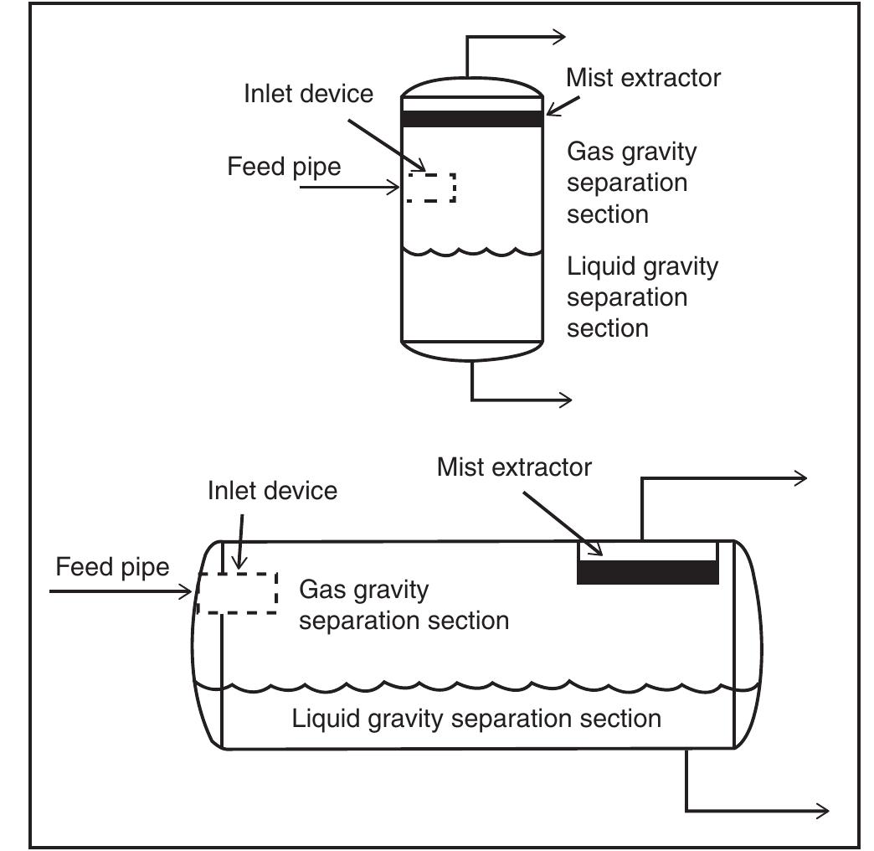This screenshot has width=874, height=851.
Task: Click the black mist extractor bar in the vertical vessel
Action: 472,118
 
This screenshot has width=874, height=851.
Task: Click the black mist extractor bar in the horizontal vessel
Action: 648,572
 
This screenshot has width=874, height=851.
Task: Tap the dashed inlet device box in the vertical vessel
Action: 431,188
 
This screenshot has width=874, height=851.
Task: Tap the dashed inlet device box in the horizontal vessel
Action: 237,593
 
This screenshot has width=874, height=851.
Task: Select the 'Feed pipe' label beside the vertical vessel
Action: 284,167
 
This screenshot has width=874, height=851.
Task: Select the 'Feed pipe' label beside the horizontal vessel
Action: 112,567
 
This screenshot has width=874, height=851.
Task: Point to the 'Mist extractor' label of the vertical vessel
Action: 643,78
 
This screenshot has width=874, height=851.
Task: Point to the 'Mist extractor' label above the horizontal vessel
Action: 514,467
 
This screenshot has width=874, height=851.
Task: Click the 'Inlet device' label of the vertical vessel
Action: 308,93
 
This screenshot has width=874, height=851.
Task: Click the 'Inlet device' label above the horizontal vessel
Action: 272,490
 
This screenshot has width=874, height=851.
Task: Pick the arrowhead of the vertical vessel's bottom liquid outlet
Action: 565,400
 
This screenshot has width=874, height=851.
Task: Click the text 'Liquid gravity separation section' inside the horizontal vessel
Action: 476,719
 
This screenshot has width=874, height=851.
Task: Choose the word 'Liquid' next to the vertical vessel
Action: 601,267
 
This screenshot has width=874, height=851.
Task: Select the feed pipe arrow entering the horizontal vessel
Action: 121,592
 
